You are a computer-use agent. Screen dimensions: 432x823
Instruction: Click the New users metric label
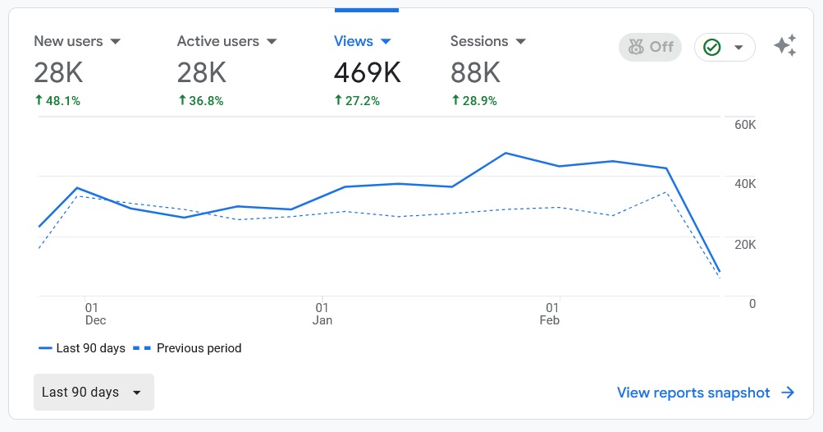(x=68, y=41)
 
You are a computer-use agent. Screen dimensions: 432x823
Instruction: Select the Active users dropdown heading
(x=217, y=41)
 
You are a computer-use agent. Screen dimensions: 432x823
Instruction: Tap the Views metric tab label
(x=354, y=41)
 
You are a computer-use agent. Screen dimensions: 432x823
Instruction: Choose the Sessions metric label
(x=479, y=41)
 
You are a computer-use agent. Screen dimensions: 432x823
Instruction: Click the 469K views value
(x=367, y=73)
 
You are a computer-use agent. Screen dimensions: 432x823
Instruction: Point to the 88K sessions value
(x=475, y=73)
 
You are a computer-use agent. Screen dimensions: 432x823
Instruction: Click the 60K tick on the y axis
(x=745, y=125)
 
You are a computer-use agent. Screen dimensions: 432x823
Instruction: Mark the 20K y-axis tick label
(x=745, y=245)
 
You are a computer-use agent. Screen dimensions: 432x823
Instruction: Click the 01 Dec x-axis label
(x=94, y=313)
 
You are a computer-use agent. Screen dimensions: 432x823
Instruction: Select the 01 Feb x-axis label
(x=549, y=313)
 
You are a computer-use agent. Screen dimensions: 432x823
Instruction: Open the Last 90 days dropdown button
(x=93, y=393)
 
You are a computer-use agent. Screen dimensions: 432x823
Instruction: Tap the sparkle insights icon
(x=785, y=47)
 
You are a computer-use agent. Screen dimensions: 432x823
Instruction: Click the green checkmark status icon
(x=712, y=48)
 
